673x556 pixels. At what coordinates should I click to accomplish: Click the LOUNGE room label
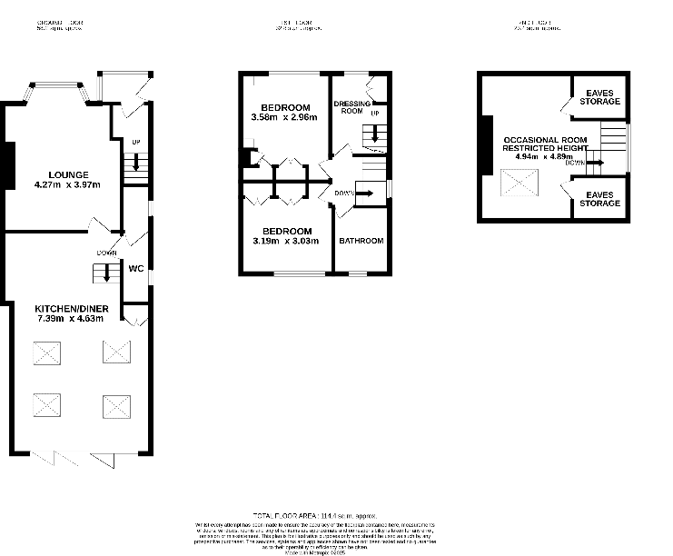tap(68, 174)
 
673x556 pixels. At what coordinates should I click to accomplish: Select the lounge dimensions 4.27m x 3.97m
tap(67, 185)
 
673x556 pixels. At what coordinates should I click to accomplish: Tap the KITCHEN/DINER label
tap(68, 308)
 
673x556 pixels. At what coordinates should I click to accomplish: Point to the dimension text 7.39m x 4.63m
tap(69, 318)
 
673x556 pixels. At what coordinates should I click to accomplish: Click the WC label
tap(136, 269)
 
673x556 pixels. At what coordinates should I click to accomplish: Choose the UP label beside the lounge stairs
tap(135, 143)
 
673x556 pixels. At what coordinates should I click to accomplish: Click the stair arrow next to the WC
tap(107, 273)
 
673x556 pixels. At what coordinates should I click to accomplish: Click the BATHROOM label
tap(361, 241)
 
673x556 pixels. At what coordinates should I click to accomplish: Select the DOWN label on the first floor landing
tap(344, 193)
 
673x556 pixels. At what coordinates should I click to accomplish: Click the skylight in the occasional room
tap(521, 184)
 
